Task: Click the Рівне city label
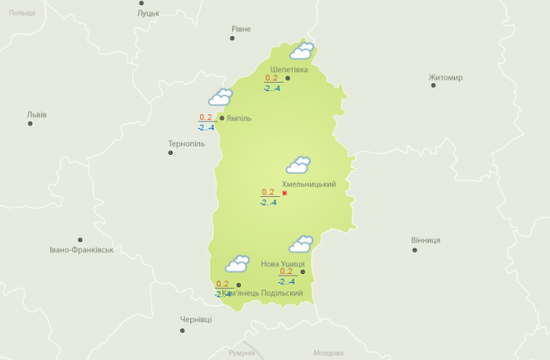[241, 29]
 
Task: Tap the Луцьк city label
[149, 13]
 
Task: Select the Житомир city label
[446, 78]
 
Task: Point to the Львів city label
[36, 114]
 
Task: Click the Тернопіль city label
[186, 144]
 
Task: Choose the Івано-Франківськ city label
[81, 249]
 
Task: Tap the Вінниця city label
[426, 240]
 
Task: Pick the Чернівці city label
[196, 319]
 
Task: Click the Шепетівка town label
[289, 70]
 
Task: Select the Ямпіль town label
[239, 118]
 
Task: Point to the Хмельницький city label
[309, 184]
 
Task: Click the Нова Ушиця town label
[283, 264]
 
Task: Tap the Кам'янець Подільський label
[262, 294]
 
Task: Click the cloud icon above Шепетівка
[302, 51]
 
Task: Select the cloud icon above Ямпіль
[220, 98]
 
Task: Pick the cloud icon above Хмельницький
[298, 165]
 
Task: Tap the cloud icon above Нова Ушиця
[300, 244]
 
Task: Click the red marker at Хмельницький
[285, 193]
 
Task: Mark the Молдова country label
[328, 353]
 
